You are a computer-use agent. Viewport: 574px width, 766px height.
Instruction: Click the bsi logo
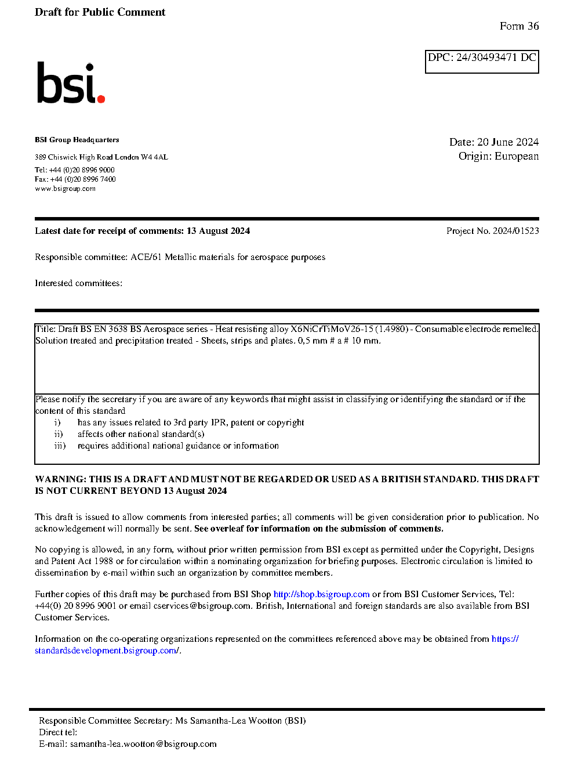pos(70,84)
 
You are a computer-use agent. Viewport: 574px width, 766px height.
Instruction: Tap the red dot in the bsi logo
pos(101,99)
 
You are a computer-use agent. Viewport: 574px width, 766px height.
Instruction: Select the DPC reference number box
pos(482,62)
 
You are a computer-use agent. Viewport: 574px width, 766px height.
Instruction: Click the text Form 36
pos(519,26)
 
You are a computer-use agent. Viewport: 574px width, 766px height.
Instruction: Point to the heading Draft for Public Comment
pos(100,12)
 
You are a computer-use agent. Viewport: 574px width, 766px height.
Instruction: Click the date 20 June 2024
pos(508,142)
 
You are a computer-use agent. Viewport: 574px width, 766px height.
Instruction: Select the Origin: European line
pos(498,156)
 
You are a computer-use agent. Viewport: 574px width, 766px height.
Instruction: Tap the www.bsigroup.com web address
pos(65,189)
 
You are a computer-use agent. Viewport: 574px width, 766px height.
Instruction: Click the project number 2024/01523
pos(515,231)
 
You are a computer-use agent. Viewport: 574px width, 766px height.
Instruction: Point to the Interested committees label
pos(78,283)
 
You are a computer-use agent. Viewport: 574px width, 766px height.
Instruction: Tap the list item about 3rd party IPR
pos(191,422)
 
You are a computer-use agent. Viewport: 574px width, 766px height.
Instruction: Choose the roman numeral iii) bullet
pos(60,446)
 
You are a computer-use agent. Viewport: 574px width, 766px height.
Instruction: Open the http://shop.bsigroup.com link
pos(321,594)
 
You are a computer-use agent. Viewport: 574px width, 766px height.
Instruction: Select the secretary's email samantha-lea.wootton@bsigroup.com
pos(143,744)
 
